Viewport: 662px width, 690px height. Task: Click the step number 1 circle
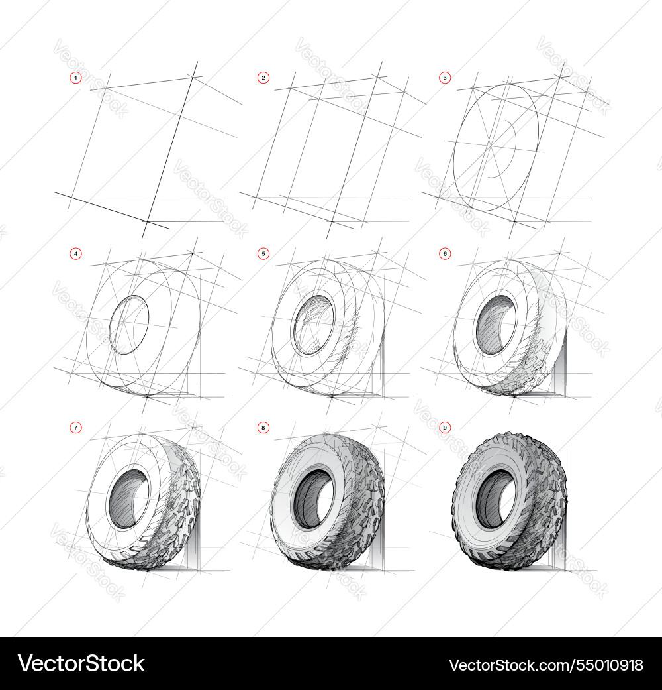[76, 78]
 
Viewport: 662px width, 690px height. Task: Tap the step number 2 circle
[263, 78]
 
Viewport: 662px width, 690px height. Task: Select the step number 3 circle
[445, 78]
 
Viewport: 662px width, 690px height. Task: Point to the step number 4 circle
[76, 253]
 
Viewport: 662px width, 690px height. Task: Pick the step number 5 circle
[263, 253]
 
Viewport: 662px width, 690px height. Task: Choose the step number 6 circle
[445, 253]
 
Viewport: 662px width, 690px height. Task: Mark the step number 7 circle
[76, 428]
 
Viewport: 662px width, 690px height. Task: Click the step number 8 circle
[263, 428]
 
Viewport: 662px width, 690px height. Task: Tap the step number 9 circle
[445, 428]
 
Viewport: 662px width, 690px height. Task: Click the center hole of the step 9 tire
[496, 500]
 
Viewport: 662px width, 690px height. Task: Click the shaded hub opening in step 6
[496, 325]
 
